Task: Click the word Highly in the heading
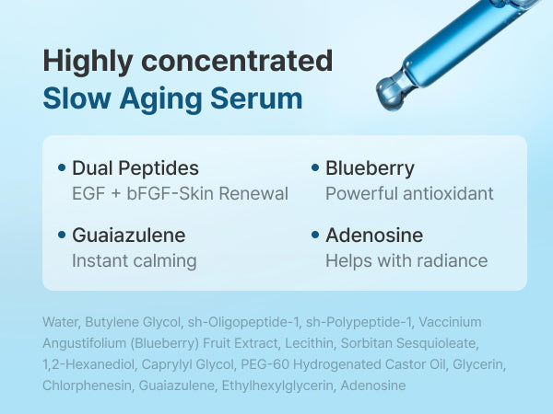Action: click(x=88, y=62)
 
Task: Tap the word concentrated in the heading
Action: click(x=237, y=61)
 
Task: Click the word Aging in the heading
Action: click(x=160, y=100)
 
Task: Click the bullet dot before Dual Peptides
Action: click(x=62, y=167)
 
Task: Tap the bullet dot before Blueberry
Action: click(x=315, y=167)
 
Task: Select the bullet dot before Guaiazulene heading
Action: click(x=62, y=235)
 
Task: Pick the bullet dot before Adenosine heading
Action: click(x=315, y=235)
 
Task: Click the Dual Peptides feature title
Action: click(x=135, y=168)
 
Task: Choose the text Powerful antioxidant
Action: click(x=409, y=193)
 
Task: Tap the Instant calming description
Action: click(x=135, y=261)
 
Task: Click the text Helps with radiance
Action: click(x=406, y=261)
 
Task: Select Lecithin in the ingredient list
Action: click(x=309, y=343)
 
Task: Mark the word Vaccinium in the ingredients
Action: click(x=450, y=322)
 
